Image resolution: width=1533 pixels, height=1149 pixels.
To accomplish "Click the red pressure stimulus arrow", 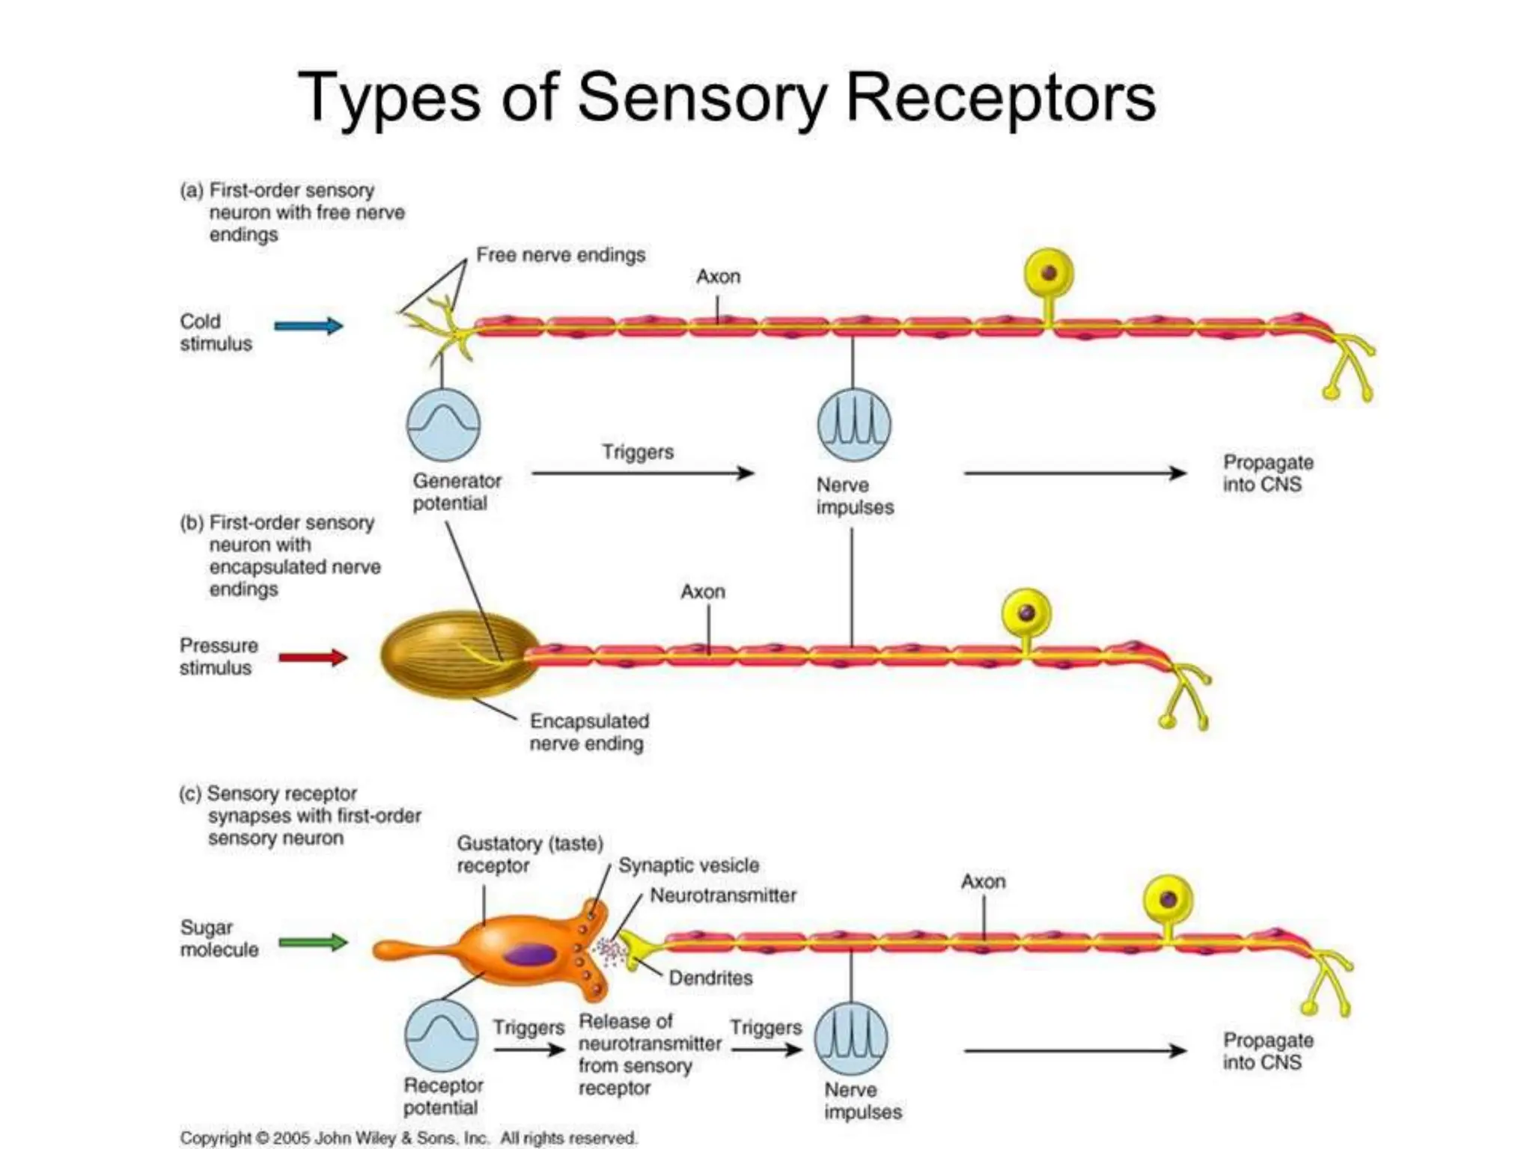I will tap(313, 658).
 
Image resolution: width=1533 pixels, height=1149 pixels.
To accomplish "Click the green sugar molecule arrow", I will tap(313, 942).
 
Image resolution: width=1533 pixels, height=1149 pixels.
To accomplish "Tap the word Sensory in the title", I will tap(701, 97).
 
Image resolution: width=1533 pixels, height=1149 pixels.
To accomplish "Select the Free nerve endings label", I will tap(560, 255).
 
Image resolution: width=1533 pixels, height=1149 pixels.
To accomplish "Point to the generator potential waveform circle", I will tap(443, 424).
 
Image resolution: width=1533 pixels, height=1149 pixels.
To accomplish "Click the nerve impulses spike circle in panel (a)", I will tap(854, 424).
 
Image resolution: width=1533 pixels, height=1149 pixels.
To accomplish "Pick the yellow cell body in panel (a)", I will tap(1049, 274).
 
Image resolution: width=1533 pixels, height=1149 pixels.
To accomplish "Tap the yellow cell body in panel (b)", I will tap(1026, 613).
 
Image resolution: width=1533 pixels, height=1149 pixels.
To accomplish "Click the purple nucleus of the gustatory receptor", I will tap(529, 955).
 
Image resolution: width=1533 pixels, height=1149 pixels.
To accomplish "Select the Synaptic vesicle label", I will tap(688, 865).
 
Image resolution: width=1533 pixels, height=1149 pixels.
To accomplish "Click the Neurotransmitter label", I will tap(722, 895).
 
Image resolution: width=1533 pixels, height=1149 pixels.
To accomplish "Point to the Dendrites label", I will tap(710, 978).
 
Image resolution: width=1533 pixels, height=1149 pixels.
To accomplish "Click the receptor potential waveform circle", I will tap(442, 1036).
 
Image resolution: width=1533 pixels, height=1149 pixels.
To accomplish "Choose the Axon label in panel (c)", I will tap(983, 882).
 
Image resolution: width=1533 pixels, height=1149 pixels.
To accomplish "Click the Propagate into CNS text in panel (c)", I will tap(1267, 1051).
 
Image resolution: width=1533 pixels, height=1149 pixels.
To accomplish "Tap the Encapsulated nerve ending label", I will tap(588, 732).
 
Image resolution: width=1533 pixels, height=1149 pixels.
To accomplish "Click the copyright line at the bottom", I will tap(408, 1138).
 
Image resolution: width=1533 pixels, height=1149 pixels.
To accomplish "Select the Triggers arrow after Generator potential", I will tap(642, 473).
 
